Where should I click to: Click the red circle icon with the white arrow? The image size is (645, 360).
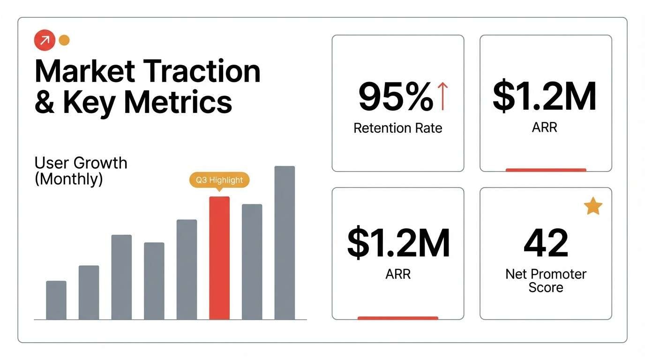click(45, 41)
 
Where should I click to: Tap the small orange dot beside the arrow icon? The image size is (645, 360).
click(64, 40)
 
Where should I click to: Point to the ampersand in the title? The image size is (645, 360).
click(45, 102)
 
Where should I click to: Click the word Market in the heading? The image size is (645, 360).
click(85, 72)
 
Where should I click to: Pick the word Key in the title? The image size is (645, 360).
click(89, 102)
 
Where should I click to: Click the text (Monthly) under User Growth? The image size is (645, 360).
click(68, 179)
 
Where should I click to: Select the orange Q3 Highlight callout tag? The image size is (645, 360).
click(219, 180)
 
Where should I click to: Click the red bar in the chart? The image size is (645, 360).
click(219, 258)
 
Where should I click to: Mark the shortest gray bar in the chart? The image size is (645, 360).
click(56, 300)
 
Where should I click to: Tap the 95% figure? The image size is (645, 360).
click(395, 97)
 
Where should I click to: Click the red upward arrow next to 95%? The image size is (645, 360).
click(442, 96)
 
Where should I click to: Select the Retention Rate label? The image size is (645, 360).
click(398, 128)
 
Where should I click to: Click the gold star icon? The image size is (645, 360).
click(593, 206)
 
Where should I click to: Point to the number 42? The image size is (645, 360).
click(546, 243)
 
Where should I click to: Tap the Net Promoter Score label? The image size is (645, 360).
click(546, 280)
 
